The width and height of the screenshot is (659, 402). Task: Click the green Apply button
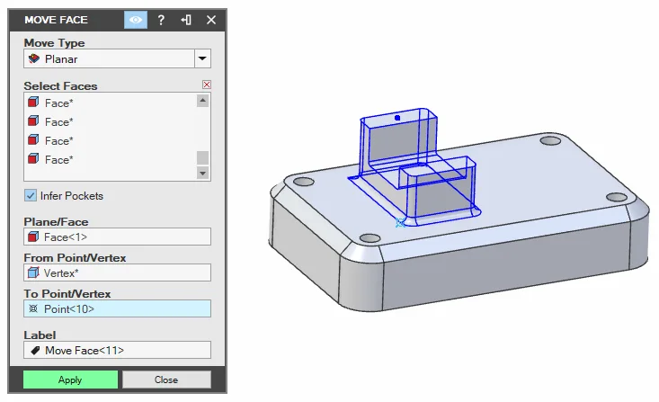pos(70,380)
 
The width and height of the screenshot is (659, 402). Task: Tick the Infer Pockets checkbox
pos(31,195)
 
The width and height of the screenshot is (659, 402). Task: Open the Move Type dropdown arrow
pos(202,58)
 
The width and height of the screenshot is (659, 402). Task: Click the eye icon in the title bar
pos(136,20)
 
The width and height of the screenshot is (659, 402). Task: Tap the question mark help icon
pos(161,20)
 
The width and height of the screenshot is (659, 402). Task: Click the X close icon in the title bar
pos(211,20)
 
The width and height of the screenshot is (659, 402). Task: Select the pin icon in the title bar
pos(186,20)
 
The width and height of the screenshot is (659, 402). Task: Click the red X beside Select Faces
pos(207,85)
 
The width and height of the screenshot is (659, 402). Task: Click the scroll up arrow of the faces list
pos(202,101)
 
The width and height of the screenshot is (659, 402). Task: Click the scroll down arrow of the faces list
pos(202,173)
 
